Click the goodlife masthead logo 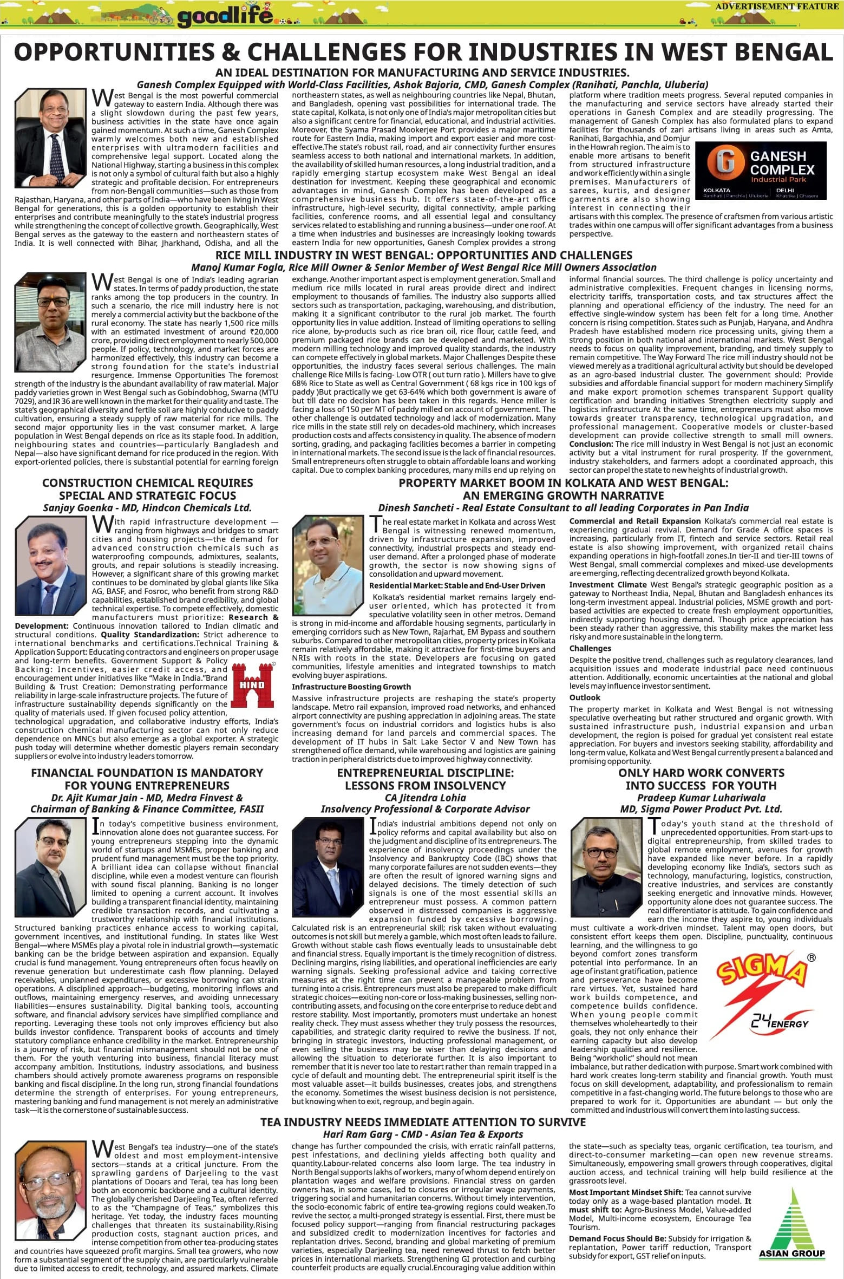(225, 17)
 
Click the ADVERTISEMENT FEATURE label (776, 6)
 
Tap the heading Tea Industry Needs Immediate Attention (422, 1122)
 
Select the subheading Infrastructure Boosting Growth (351, 687)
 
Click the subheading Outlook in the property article (585, 697)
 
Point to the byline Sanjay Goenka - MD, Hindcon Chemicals (147, 507)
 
